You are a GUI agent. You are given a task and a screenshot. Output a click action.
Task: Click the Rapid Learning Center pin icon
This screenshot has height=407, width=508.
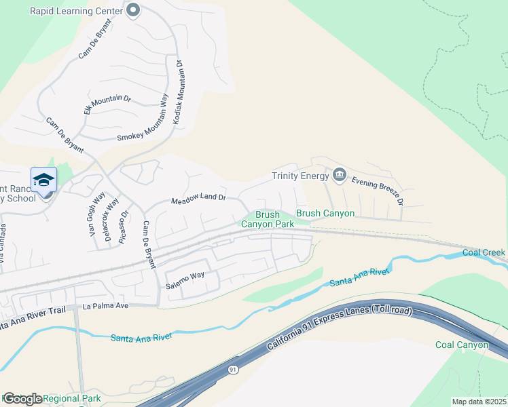click(133, 10)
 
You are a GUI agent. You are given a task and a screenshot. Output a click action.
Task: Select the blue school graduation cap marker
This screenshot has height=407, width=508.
click(43, 180)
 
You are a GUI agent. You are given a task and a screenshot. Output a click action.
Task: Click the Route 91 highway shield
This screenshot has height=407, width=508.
click(233, 370)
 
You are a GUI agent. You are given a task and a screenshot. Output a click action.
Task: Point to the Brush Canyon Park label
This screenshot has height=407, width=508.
click(268, 219)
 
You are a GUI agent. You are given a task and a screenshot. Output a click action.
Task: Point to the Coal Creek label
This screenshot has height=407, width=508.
click(484, 253)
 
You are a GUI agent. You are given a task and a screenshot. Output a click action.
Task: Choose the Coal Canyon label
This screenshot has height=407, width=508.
click(462, 345)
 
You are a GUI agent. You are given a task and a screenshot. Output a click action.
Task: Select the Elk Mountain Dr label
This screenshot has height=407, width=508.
click(107, 105)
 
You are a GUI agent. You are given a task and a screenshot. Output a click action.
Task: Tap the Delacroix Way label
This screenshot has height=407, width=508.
click(109, 220)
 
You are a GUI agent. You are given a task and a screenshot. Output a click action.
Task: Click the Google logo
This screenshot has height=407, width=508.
click(22, 399)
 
